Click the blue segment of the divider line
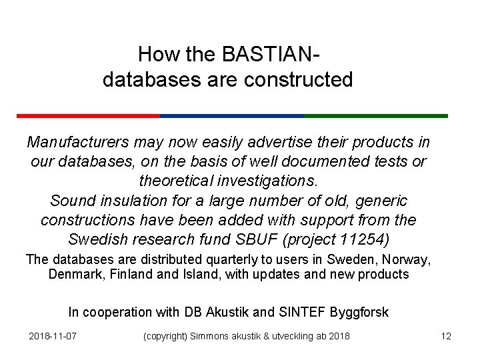tap(232, 115)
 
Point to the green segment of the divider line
tap(376, 115)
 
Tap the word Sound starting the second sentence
tap(70, 200)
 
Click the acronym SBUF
tap(263, 239)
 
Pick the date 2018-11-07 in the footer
tap(53, 336)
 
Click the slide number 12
tap(446, 336)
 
